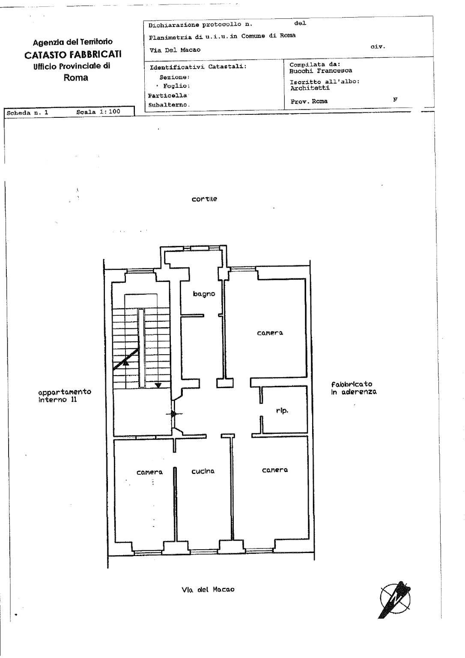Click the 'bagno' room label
204,294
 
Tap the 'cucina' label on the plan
203,471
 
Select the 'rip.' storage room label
282,411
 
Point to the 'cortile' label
204,199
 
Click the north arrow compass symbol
394,600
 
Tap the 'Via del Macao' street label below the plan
208,589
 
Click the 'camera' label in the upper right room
270,333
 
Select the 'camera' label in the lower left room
149,472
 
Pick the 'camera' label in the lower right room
275,470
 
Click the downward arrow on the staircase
158,385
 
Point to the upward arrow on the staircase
125,363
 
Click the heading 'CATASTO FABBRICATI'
73,55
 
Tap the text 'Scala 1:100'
98,112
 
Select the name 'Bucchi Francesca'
321,71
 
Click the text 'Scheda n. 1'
27,113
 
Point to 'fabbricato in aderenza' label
354,388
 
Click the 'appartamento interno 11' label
65,395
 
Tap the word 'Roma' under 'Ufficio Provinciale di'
76,78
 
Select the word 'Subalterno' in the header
169,105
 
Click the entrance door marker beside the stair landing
174,414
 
